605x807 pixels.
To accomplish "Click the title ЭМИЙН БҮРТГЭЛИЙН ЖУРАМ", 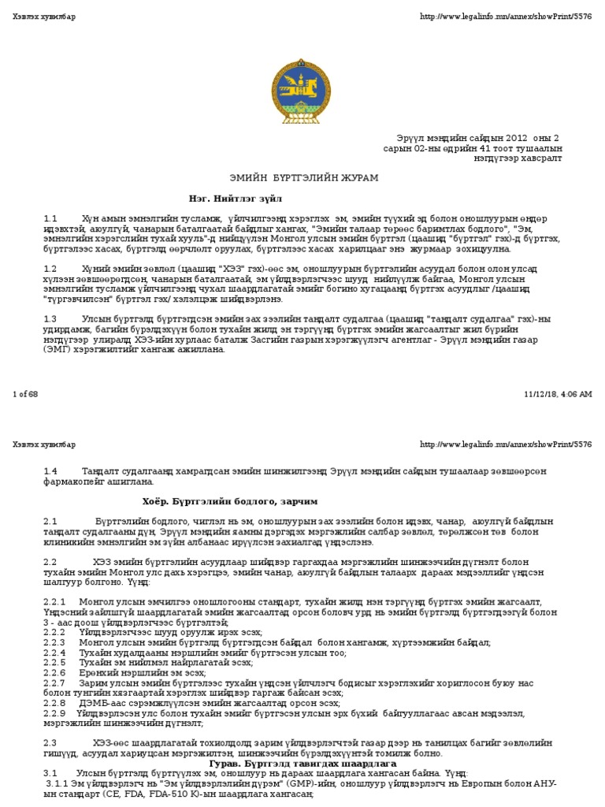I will pos(302,178).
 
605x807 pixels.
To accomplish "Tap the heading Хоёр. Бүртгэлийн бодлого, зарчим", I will pos(230,501).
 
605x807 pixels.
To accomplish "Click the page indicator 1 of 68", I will pos(25,394).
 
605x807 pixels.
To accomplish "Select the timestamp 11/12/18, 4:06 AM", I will pos(558,394).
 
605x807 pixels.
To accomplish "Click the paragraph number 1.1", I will pos(50,218).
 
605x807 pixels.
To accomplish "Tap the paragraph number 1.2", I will pos(50,269).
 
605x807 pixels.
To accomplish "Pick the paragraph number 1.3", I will pos(50,319).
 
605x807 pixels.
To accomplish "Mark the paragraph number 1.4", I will pos(50,471).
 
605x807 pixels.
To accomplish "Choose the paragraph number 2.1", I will pos(50,522).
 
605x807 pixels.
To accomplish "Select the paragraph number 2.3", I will pos(50,743).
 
